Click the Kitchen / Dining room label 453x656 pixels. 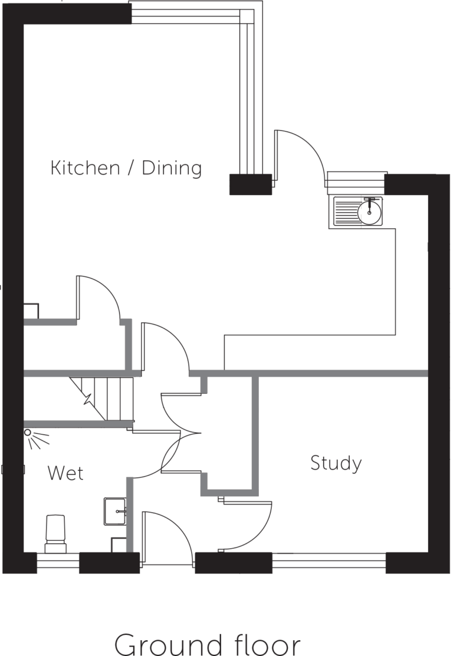(x=126, y=168)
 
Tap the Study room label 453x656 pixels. (x=336, y=463)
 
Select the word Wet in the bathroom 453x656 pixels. (x=65, y=473)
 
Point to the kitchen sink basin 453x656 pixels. (x=369, y=211)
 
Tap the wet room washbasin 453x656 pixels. (x=115, y=511)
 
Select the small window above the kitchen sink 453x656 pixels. (x=356, y=181)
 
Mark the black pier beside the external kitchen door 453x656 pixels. (x=250, y=184)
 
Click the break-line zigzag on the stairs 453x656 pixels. (x=88, y=398)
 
